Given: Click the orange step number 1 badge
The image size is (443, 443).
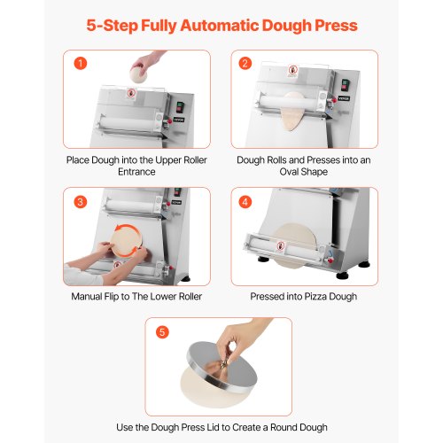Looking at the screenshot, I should (x=82, y=64).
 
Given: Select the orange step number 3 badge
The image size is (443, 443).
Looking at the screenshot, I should (x=82, y=202).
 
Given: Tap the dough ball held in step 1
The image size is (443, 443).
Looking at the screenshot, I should (x=142, y=73).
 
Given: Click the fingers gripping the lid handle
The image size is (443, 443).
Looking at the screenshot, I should (x=236, y=341).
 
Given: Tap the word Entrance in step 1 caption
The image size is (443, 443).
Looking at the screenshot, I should (x=136, y=172).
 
